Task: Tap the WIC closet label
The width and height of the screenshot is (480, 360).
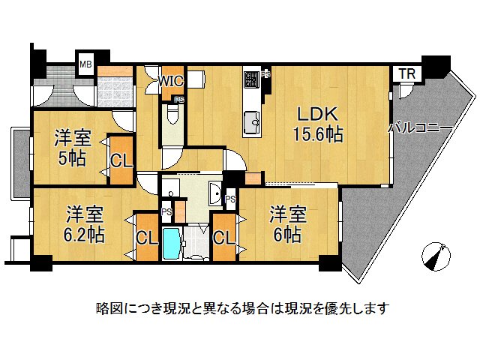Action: coord(171,79)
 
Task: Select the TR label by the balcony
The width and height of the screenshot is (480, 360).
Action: coord(406,73)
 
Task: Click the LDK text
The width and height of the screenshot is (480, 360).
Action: coord(318,115)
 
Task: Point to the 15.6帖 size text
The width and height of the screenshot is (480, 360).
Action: coord(318,136)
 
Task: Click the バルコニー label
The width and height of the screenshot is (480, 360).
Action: coord(420,128)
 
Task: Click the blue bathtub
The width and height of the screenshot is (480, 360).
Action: coord(171,244)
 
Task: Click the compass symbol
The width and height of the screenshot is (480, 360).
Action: coord(435,255)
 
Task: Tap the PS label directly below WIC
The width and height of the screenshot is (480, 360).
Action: coord(178,100)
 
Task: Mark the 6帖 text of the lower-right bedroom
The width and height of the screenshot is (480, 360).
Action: coord(286,234)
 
